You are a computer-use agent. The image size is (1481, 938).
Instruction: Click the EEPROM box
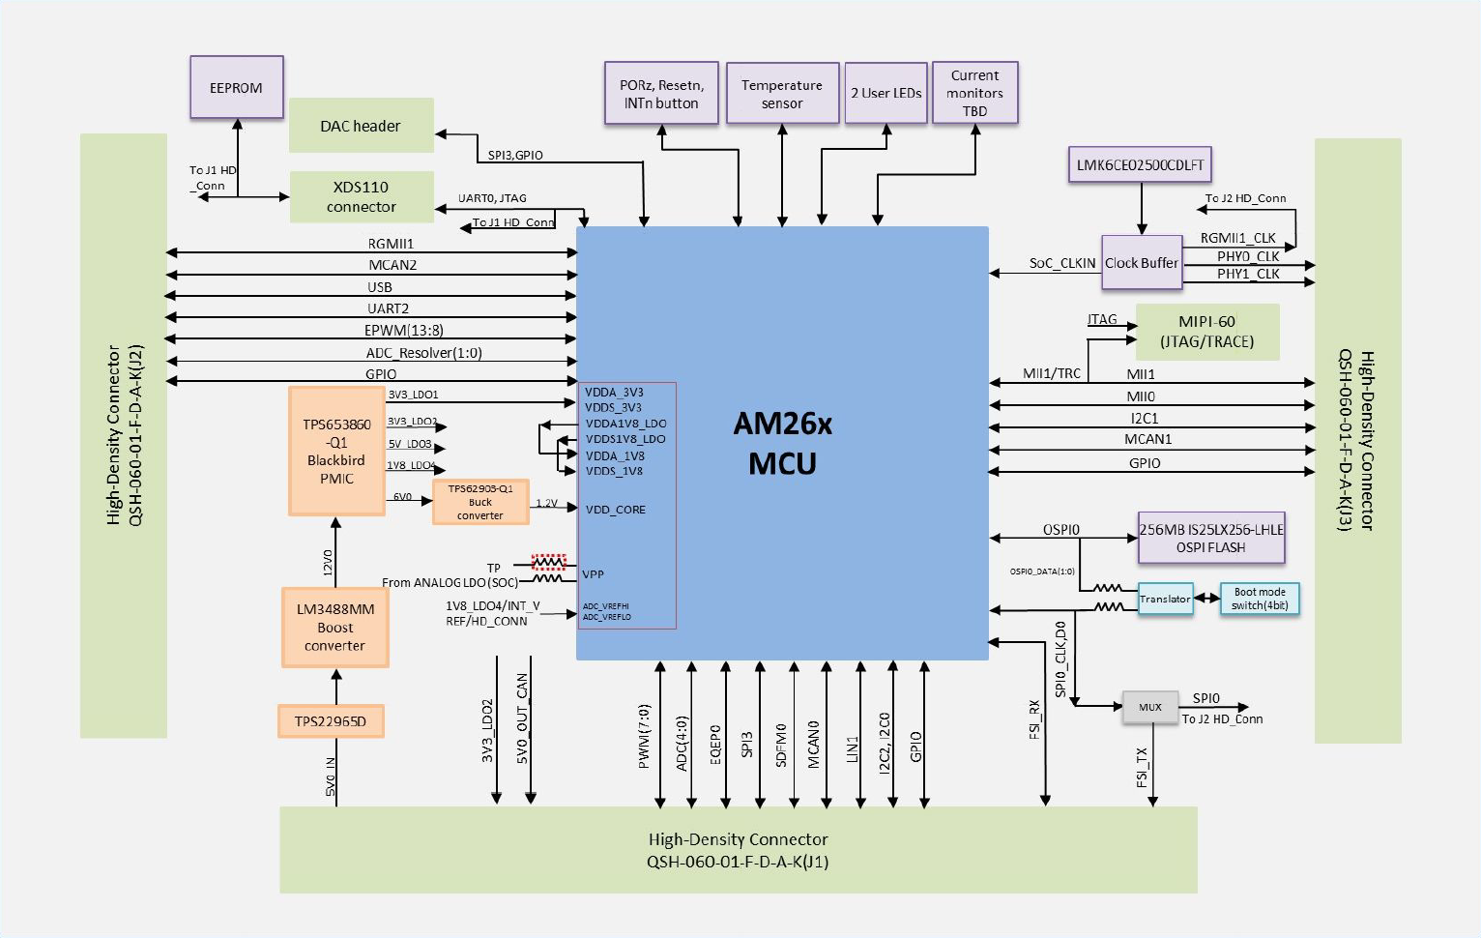click(x=236, y=88)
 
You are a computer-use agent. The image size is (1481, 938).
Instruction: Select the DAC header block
click(x=361, y=126)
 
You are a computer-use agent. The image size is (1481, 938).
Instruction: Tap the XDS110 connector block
click(x=362, y=197)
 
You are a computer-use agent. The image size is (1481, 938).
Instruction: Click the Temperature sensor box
click(x=782, y=94)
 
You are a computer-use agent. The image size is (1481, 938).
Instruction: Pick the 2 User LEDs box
click(x=886, y=94)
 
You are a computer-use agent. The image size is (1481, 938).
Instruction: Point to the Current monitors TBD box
click(x=974, y=94)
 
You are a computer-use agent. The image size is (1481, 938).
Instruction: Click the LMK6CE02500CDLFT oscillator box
click(x=1140, y=165)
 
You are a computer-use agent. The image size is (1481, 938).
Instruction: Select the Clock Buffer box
click(x=1142, y=263)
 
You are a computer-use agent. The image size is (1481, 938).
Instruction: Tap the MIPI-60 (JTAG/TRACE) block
click(x=1206, y=332)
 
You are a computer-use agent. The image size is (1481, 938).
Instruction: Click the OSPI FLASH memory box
click(x=1211, y=539)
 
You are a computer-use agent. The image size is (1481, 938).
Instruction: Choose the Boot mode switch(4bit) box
click(x=1260, y=599)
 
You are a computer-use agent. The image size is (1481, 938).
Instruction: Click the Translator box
click(x=1165, y=599)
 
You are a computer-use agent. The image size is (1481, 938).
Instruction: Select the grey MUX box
click(x=1149, y=707)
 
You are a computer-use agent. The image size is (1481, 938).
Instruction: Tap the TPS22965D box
click(x=331, y=721)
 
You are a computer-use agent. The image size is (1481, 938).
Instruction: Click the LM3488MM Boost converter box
click(x=334, y=628)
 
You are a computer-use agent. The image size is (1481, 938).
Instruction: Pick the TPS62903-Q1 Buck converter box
click(x=480, y=502)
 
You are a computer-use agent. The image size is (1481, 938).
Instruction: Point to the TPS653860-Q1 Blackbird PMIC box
click(x=336, y=452)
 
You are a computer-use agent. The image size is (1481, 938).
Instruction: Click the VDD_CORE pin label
click(x=615, y=510)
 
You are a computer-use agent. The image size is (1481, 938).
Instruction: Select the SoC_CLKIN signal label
click(x=1061, y=263)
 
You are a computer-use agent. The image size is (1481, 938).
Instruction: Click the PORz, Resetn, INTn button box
click(x=661, y=94)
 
